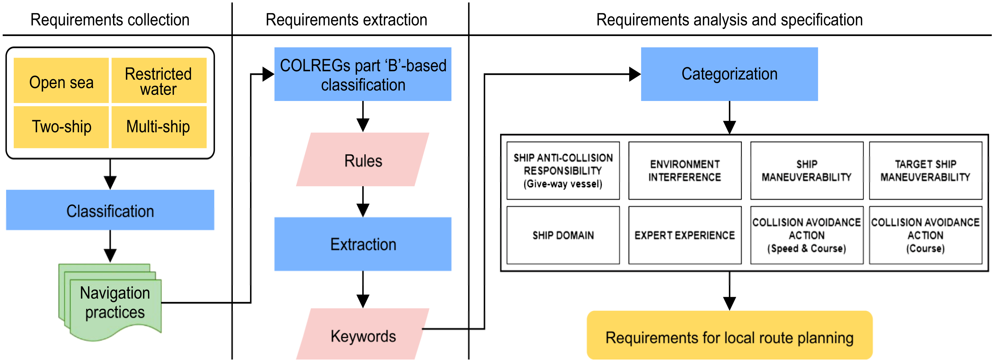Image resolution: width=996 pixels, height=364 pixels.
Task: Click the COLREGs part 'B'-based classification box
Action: click(x=363, y=74)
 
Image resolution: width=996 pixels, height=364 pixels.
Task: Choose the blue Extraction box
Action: click(x=363, y=244)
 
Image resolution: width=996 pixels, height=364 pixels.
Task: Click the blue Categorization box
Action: click(x=729, y=74)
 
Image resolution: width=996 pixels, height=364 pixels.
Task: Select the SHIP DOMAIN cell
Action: click(x=563, y=235)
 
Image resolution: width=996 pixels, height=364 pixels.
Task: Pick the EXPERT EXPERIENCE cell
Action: click(x=685, y=235)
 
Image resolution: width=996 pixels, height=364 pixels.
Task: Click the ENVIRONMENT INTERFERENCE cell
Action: click(x=685, y=171)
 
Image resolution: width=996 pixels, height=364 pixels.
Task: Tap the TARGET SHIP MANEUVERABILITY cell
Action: click(x=925, y=171)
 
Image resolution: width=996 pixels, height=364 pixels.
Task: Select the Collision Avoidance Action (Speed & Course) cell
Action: click(x=807, y=235)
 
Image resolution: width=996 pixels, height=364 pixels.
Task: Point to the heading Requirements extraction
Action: click(x=346, y=20)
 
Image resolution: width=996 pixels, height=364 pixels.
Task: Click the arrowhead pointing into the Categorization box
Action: click(x=634, y=74)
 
